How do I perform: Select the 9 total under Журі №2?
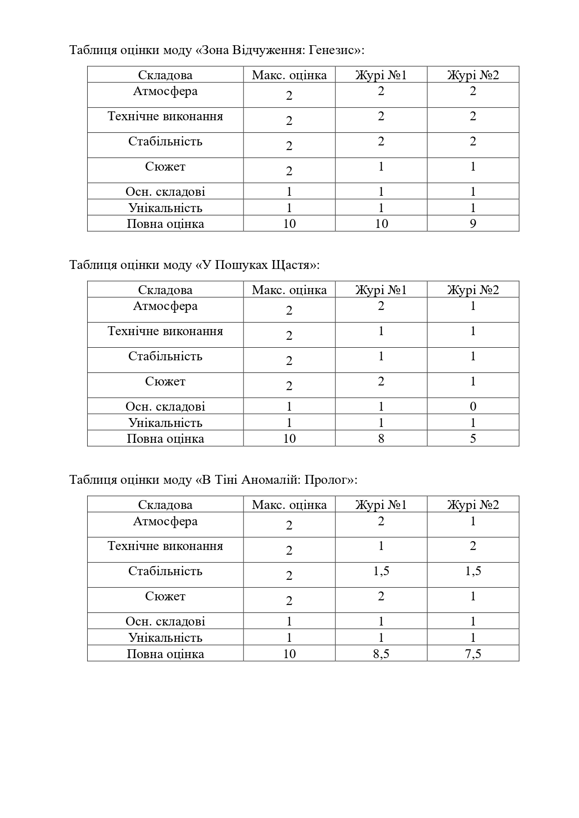pyautogui.click(x=473, y=224)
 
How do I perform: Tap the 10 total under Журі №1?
pyautogui.click(x=381, y=224)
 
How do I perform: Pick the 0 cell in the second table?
pyautogui.click(x=473, y=406)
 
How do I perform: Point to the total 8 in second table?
pyautogui.click(x=381, y=439)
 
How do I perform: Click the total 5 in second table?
pyautogui.click(x=473, y=439)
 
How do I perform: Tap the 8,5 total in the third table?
pyautogui.click(x=381, y=654)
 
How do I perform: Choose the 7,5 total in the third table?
pyautogui.click(x=473, y=654)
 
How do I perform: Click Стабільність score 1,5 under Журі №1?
pyautogui.click(x=381, y=571)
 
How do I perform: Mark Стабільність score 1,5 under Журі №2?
pyautogui.click(x=473, y=571)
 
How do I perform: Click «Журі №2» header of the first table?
pyautogui.click(x=473, y=75)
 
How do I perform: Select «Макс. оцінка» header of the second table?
pyautogui.click(x=289, y=290)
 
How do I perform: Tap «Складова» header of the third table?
pyautogui.click(x=165, y=505)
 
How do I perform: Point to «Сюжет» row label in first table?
pyautogui.click(x=165, y=167)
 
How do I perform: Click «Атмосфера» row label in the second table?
pyautogui.click(x=165, y=306)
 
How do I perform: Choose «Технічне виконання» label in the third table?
pyautogui.click(x=165, y=546)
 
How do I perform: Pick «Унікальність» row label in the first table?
pyautogui.click(x=165, y=208)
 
